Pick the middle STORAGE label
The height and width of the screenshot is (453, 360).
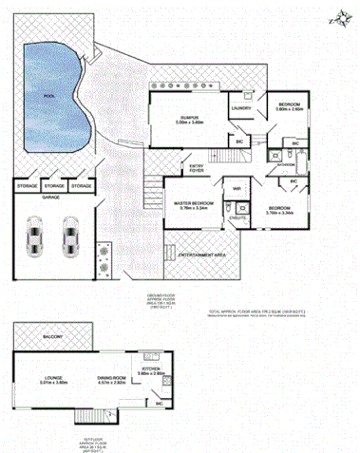click(54, 186)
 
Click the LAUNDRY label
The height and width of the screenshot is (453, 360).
click(241, 109)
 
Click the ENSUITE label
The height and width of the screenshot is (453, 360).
click(239, 218)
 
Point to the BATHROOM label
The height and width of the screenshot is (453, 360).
click(285, 164)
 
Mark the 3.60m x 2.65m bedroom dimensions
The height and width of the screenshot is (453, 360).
click(290, 109)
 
